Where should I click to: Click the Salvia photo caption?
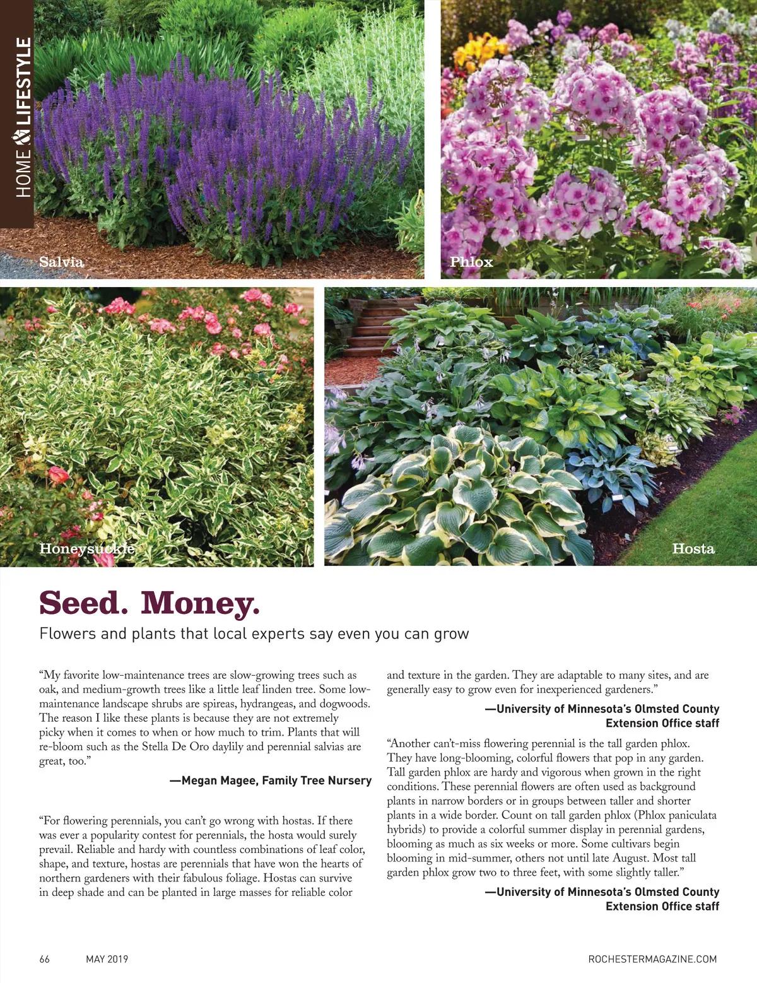click(x=61, y=261)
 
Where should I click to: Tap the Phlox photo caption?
click(x=471, y=261)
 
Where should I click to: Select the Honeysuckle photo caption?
click(x=87, y=548)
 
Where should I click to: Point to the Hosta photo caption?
click(x=693, y=548)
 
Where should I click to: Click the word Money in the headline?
click(x=199, y=603)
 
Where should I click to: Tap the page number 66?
click(x=45, y=959)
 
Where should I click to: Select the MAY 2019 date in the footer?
click(x=107, y=959)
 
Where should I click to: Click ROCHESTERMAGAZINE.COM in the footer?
click(x=652, y=959)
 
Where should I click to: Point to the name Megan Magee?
click(x=212, y=780)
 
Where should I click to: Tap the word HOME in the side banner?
click(x=24, y=172)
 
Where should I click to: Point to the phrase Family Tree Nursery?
click(x=317, y=780)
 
